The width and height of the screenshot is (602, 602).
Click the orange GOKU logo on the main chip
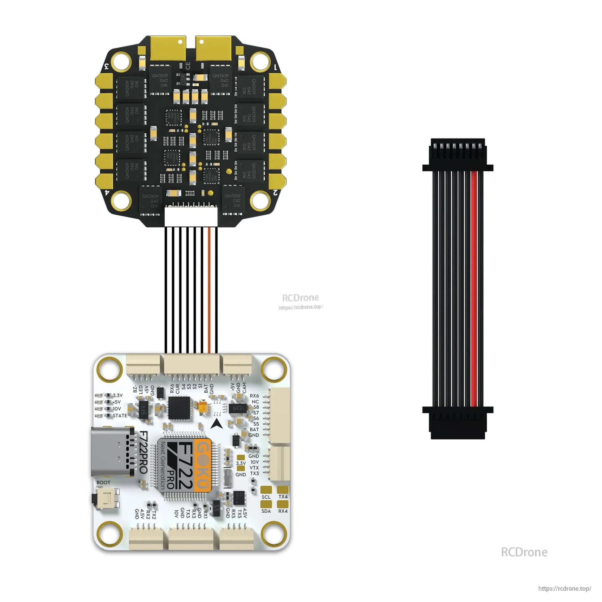pos(203,466)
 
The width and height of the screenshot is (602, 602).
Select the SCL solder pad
pos(266,490)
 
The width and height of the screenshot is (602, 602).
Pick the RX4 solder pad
pos(283,504)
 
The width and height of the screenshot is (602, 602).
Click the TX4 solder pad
pos(283,490)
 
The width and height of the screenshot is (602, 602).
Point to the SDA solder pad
pos(266,504)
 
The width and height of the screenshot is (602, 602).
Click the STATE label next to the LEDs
pos(120,416)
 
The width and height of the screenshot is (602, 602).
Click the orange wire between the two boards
pos(210,290)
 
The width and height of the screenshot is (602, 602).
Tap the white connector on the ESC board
pos(191,217)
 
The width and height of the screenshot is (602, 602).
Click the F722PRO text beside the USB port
pos(143,452)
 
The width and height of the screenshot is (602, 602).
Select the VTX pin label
pos(254,468)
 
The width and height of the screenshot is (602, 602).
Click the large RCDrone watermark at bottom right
pos(524,552)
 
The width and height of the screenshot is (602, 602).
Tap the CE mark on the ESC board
pos(187,66)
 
